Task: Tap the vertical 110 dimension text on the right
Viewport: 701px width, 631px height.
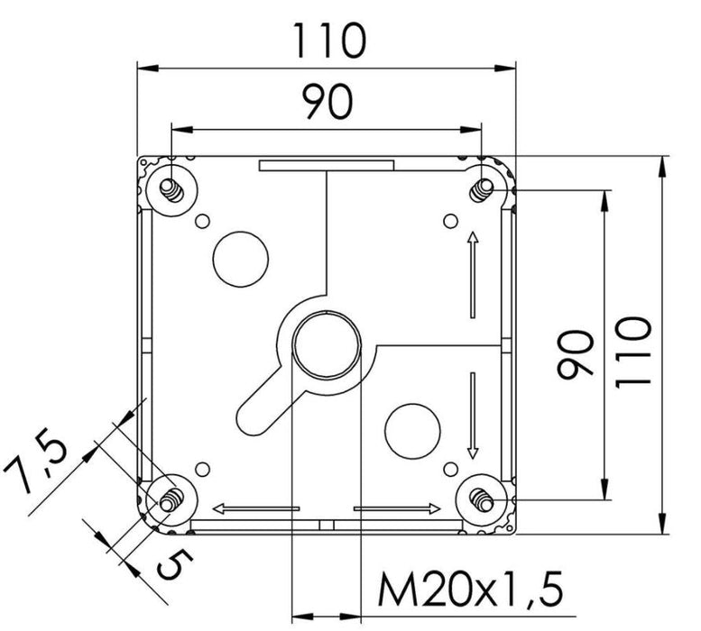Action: click(x=634, y=352)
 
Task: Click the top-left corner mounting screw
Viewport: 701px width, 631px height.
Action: click(x=170, y=187)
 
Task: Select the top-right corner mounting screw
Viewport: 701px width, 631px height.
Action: click(x=484, y=187)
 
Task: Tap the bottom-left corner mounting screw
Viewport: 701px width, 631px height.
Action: click(x=168, y=498)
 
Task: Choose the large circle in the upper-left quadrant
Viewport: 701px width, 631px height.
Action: click(x=239, y=257)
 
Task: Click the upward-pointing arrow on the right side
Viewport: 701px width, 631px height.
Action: click(x=472, y=275)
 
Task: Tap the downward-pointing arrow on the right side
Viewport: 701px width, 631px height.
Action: click(x=472, y=415)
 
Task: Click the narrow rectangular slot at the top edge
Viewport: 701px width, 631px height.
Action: click(x=327, y=166)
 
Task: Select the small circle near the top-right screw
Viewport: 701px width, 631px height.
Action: click(x=450, y=220)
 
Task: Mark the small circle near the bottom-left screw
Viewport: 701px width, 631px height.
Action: click(x=203, y=467)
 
